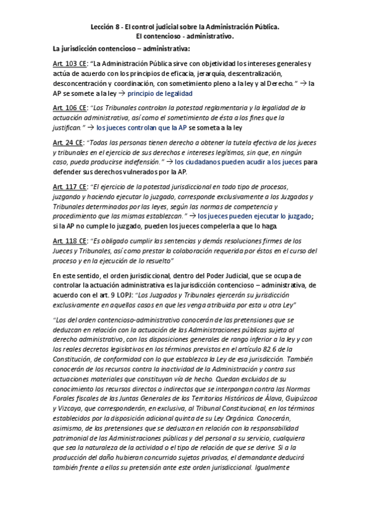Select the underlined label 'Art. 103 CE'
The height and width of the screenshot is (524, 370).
click(x=69, y=64)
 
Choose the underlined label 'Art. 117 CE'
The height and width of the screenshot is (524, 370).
click(x=69, y=187)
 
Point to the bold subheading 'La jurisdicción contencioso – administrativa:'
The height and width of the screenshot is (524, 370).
click(x=121, y=49)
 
